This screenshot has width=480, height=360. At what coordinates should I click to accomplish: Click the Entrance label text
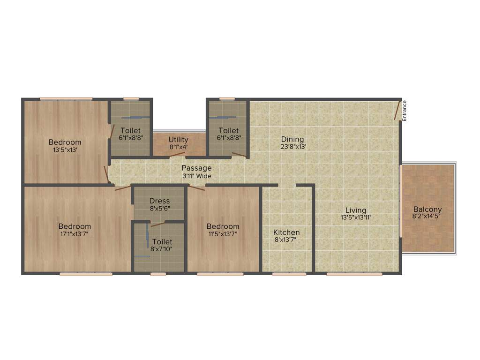405,111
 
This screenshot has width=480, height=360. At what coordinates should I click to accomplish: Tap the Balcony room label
427,210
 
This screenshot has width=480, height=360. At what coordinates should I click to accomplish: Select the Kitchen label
286,232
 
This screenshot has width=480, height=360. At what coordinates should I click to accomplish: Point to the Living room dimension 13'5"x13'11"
356,217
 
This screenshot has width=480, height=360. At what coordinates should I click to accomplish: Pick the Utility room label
178,139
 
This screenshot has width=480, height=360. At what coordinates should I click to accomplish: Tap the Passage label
196,168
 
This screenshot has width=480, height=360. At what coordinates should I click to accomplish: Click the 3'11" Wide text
196,176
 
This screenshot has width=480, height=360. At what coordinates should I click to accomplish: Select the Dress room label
159,201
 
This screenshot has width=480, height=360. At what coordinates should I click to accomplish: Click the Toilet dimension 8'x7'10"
162,249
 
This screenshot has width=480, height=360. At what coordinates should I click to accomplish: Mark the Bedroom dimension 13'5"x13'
65,150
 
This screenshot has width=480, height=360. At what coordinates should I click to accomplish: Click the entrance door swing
397,111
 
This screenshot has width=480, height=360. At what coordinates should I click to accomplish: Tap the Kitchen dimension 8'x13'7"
286,240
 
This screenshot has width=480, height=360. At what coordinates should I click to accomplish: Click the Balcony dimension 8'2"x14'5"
427,217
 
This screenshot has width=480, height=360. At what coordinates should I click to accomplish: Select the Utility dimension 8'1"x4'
178,147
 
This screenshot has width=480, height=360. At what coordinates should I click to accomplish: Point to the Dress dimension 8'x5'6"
159,208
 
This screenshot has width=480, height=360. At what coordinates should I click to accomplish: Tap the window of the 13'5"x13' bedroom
66,98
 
